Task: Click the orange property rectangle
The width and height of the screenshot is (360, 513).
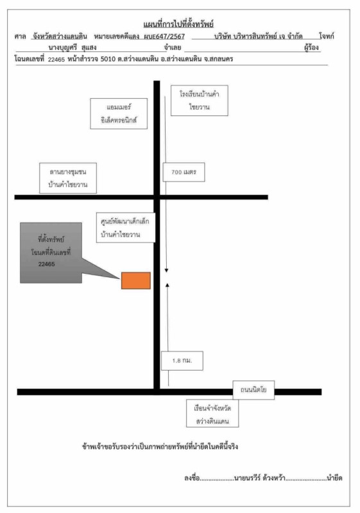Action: pyautogui.click(x=136, y=281)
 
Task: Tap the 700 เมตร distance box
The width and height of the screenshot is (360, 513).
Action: pyautogui.click(x=184, y=172)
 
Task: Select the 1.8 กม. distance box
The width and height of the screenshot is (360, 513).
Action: pyautogui.click(x=182, y=361)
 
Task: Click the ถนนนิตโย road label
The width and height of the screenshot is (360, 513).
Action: pyautogui.click(x=253, y=390)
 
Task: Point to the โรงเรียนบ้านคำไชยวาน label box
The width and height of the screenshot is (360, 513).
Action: pyautogui.click(x=200, y=101)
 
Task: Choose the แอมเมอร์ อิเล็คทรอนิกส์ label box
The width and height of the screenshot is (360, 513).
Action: pyautogui.click(x=119, y=114)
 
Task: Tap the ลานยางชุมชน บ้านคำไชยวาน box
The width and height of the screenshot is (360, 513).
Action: pyautogui.click(x=68, y=178)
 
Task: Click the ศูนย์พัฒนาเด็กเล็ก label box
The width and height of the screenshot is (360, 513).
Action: pyautogui.click(x=126, y=228)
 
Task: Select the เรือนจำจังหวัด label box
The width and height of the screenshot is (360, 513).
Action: pyautogui.click(x=212, y=413)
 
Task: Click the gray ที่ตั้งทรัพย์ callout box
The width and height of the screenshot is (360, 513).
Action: pyautogui.click(x=51, y=253)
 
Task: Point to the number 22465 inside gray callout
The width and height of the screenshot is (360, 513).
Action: pyautogui.click(x=46, y=264)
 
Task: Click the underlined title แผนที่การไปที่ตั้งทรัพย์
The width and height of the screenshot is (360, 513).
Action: pyautogui.click(x=178, y=24)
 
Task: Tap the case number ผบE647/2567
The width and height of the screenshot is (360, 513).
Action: pyautogui.click(x=164, y=37)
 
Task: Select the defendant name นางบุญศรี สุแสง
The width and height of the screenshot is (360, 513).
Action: pyautogui.click(x=73, y=47)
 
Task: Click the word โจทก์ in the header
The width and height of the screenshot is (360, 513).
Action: pyautogui.click(x=326, y=36)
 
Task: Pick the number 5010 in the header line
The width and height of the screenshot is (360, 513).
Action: pyautogui.click(x=108, y=59)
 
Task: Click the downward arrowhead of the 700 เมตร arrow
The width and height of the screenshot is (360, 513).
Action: pyautogui.click(x=166, y=270)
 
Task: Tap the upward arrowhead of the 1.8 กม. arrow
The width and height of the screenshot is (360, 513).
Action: pyautogui.click(x=167, y=285)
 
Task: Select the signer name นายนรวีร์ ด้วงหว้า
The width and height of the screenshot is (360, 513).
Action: pyautogui.click(x=260, y=478)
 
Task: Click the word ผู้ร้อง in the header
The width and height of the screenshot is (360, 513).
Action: pyautogui.click(x=311, y=47)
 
